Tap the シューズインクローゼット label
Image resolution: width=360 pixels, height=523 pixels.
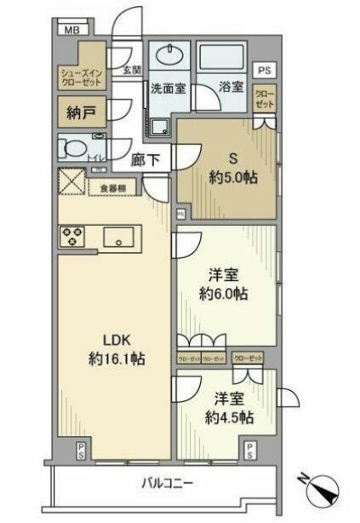[80, 77]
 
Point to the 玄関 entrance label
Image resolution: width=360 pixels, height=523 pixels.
[131, 70]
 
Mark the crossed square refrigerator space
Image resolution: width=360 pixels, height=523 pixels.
[71, 182]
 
